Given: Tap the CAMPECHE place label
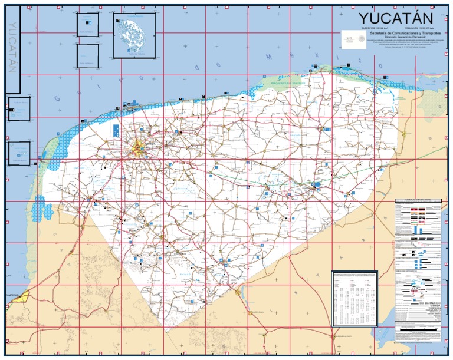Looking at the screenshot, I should point(13,293).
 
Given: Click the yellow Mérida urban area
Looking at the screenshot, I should point(140,148).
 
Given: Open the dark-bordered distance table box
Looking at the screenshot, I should point(354,298).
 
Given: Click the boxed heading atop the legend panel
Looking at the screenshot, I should point(418,201).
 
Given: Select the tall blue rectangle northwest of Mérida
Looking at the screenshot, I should point(115,130).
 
